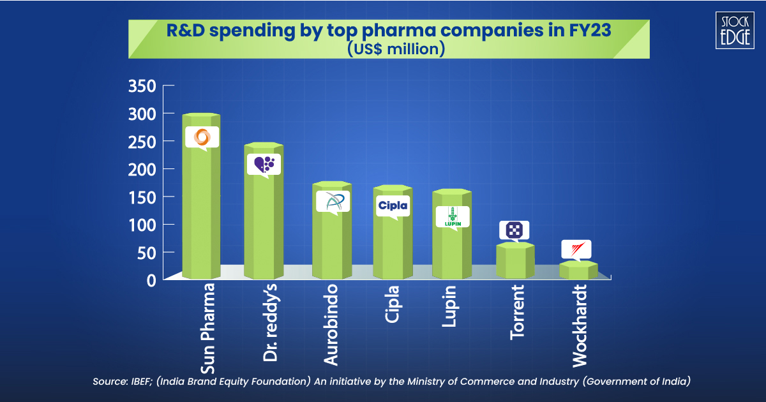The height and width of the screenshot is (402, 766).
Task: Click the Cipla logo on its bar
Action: (x=393, y=205)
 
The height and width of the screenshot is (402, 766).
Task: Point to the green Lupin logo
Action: (x=453, y=217)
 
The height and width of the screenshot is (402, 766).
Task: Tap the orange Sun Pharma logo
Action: (x=202, y=137)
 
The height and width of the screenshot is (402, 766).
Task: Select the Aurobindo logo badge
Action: (x=333, y=202)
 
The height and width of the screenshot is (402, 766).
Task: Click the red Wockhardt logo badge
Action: (x=576, y=249)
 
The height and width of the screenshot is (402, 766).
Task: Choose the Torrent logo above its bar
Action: (x=514, y=230)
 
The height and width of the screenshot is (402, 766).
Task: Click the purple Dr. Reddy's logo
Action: (x=264, y=164)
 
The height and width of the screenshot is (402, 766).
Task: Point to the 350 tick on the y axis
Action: (x=142, y=86)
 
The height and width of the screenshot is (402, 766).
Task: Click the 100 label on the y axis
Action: (x=142, y=225)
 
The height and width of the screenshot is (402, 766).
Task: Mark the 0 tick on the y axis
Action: (x=151, y=280)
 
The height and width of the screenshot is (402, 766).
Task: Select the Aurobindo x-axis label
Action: (x=331, y=325)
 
